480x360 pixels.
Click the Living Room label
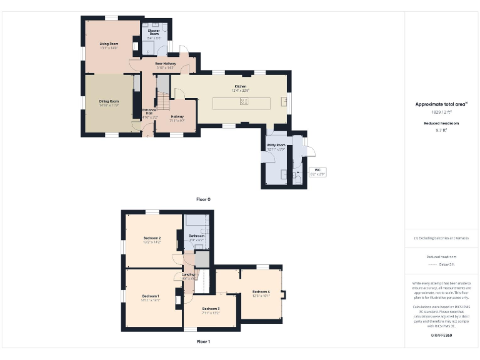pyautogui.click(x=109, y=44)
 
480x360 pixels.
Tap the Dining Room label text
pyautogui.click(x=109, y=101)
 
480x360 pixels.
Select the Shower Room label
pyautogui.click(x=154, y=32)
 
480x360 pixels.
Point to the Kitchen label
pyautogui.click(x=241, y=86)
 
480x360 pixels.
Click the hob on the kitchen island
pyautogui.click(x=244, y=101)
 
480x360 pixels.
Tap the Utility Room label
pyautogui.click(x=276, y=145)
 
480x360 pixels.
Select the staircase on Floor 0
pyautogui.click(x=162, y=100)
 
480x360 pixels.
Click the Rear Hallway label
pyautogui.click(x=166, y=63)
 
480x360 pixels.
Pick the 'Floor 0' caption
pyautogui.click(x=203, y=199)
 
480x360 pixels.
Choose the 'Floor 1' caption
pyautogui.click(x=203, y=342)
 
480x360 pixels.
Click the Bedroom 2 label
pyautogui.click(x=152, y=238)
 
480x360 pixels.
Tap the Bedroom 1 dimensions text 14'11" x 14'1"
pyautogui.click(x=151, y=300)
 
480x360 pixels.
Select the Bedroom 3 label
pyautogui.click(x=211, y=309)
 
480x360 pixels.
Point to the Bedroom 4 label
pyautogui.click(x=261, y=292)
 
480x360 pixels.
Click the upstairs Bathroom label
pyautogui.click(x=197, y=236)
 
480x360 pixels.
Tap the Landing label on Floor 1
pyautogui.click(x=188, y=274)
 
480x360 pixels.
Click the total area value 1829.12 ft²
pyautogui.click(x=442, y=112)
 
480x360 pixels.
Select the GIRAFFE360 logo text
pyautogui.click(x=442, y=336)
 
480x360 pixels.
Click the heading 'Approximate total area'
pyautogui.click(x=441, y=104)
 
